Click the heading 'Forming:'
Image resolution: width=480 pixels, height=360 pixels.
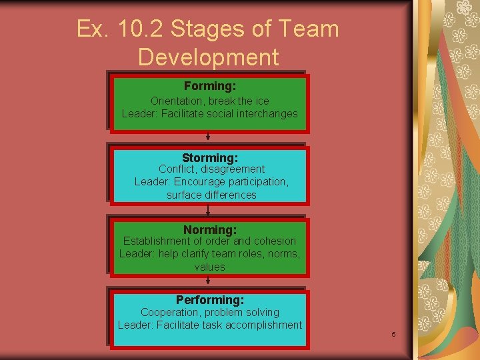[x=210, y=86]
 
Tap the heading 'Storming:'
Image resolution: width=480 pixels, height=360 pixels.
[x=210, y=158]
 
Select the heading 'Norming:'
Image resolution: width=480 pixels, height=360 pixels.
[x=210, y=230]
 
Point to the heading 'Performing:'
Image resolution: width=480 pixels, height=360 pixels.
[x=210, y=300]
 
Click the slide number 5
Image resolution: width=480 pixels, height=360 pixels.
[x=394, y=334]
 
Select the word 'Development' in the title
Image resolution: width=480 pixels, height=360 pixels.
[x=208, y=57]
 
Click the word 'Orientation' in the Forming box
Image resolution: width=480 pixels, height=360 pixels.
[x=177, y=101]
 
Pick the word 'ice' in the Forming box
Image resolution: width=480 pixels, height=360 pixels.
[x=262, y=101]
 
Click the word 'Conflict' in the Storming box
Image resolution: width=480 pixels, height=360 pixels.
[x=177, y=169]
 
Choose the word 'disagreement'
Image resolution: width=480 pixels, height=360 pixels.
[x=232, y=169]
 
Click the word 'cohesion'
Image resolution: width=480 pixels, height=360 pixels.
[x=275, y=241]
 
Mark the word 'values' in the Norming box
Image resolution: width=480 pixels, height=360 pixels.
[x=210, y=267]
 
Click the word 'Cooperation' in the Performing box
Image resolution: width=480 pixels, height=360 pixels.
[x=170, y=312]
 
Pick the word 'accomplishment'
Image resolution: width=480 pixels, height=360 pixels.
[x=263, y=325]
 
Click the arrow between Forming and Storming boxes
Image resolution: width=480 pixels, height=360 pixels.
[x=209, y=136]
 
